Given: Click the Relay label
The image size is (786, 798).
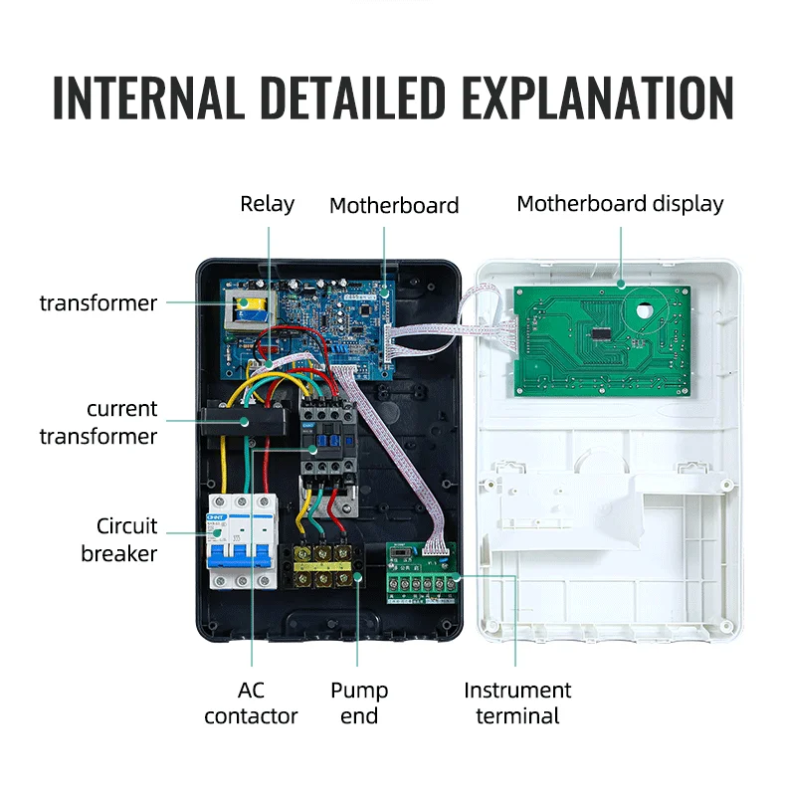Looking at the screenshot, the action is (268, 204).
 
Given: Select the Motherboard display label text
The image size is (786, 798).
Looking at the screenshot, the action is (620, 204).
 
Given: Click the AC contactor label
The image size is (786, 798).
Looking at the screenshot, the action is (251, 702).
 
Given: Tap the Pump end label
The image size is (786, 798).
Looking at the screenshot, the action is (359, 702).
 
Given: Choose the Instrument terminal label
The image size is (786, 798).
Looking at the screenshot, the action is (517, 702).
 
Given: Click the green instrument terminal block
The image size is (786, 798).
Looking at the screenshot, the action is (421, 575).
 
